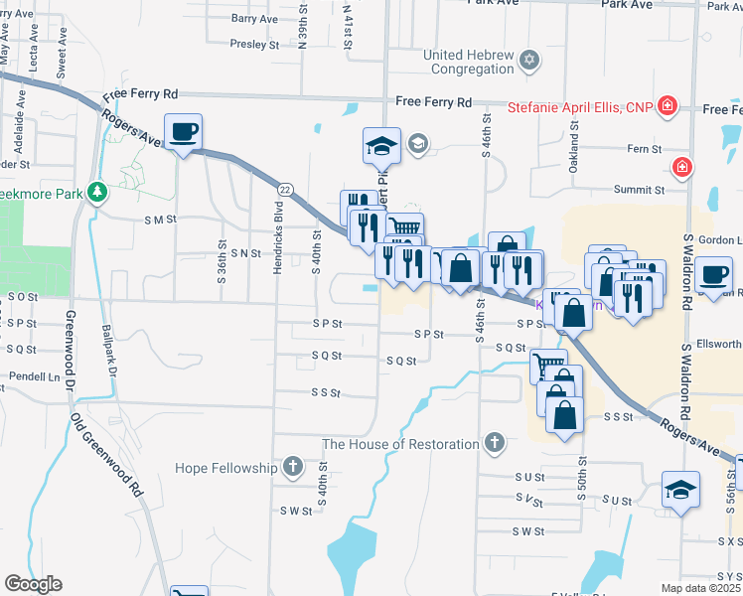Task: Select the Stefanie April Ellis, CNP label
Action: (x=580, y=107)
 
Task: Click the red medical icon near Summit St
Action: (x=682, y=167)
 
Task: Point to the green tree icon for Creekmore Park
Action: (x=97, y=192)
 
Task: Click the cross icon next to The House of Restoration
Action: (x=495, y=442)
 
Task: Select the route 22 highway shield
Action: (x=285, y=189)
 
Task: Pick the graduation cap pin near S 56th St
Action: (x=680, y=489)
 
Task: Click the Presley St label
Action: (x=254, y=45)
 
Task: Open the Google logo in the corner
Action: (x=33, y=584)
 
